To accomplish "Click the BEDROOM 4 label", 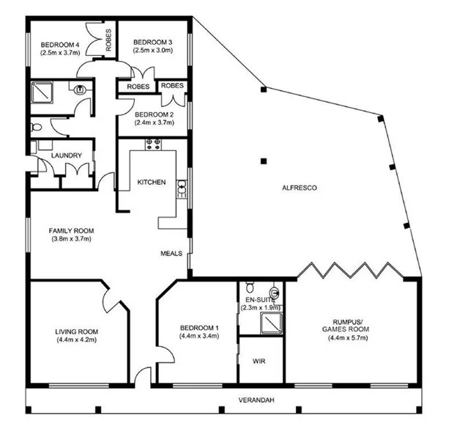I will [x=61, y=43].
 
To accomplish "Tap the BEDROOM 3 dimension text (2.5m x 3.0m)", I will [x=152, y=51].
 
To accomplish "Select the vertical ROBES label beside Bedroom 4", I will [x=108, y=41].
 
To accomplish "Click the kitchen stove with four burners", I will [x=154, y=144].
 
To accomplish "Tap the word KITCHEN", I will [x=152, y=182].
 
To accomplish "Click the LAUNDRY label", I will [x=65, y=155].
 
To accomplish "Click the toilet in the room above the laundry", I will [x=37, y=127].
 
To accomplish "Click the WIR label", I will [x=259, y=362].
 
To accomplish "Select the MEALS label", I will [x=171, y=254].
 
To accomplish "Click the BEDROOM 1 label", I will [x=196, y=328].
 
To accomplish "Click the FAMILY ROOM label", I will [x=72, y=230].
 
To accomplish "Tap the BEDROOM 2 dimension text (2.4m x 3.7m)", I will [x=154, y=122].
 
